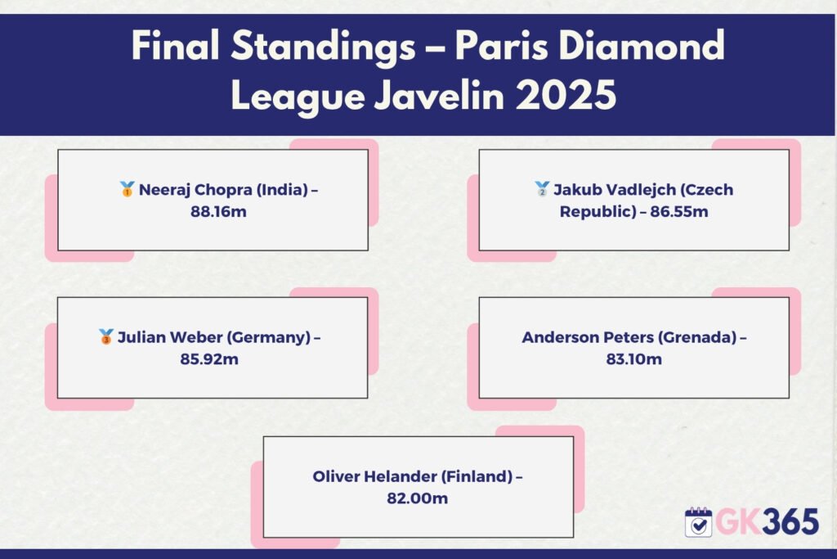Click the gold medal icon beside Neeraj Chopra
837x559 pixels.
click(x=127, y=189)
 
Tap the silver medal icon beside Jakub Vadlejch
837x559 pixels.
click(x=542, y=189)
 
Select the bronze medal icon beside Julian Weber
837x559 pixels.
click(x=105, y=336)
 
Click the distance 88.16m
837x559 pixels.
click(x=218, y=212)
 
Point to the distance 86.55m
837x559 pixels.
click(x=679, y=212)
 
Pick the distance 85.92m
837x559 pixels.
click(x=209, y=359)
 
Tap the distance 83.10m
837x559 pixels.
click(x=633, y=359)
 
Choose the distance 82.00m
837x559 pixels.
click(x=418, y=498)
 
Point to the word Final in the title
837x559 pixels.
click(x=175, y=46)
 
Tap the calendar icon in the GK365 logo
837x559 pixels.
click(x=698, y=522)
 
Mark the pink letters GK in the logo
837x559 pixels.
click(x=738, y=522)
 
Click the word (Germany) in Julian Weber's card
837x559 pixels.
click(x=268, y=337)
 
